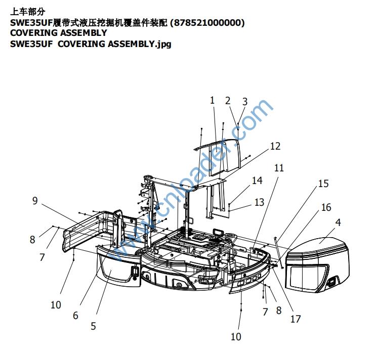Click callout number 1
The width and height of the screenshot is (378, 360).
tap(213, 100)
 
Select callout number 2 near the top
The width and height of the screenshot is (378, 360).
tap(228, 101)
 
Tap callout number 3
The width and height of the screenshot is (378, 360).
tap(244, 102)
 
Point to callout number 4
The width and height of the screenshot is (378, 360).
tap(338, 221)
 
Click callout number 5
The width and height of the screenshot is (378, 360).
tap(93, 326)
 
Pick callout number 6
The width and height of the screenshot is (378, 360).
tap(75, 316)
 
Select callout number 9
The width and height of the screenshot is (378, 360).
tap(35, 201)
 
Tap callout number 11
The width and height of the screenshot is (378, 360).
tap(279, 168)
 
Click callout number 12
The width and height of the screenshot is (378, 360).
tap(275, 146)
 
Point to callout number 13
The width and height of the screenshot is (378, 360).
tap(259, 202)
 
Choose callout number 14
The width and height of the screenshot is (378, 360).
tap(257, 181)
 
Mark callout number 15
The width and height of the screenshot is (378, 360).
tap(323, 184)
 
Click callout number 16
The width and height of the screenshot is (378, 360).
tap(326, 207)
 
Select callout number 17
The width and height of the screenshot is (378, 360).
tap(296, 319)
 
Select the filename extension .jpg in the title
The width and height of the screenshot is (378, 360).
tap(163, 44)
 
